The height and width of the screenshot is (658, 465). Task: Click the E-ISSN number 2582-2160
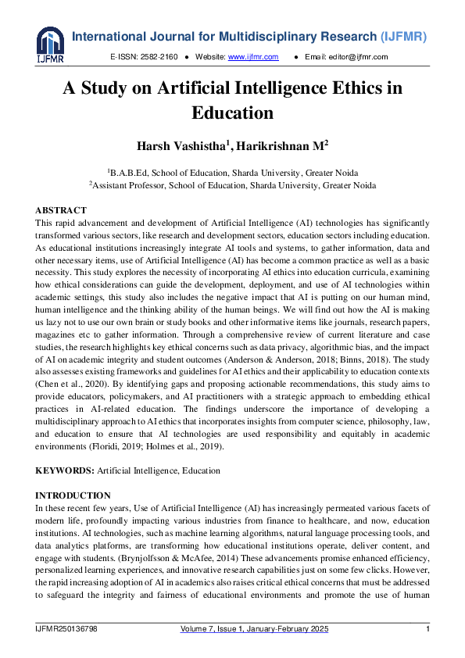159,57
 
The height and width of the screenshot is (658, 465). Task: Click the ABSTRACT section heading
61,211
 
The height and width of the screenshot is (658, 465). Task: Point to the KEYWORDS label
64,470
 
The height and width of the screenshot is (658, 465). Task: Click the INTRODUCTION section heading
73,495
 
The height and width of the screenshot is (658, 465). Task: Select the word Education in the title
232,113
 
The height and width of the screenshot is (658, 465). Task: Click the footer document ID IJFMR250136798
69,630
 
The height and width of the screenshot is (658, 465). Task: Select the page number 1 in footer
427,630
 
